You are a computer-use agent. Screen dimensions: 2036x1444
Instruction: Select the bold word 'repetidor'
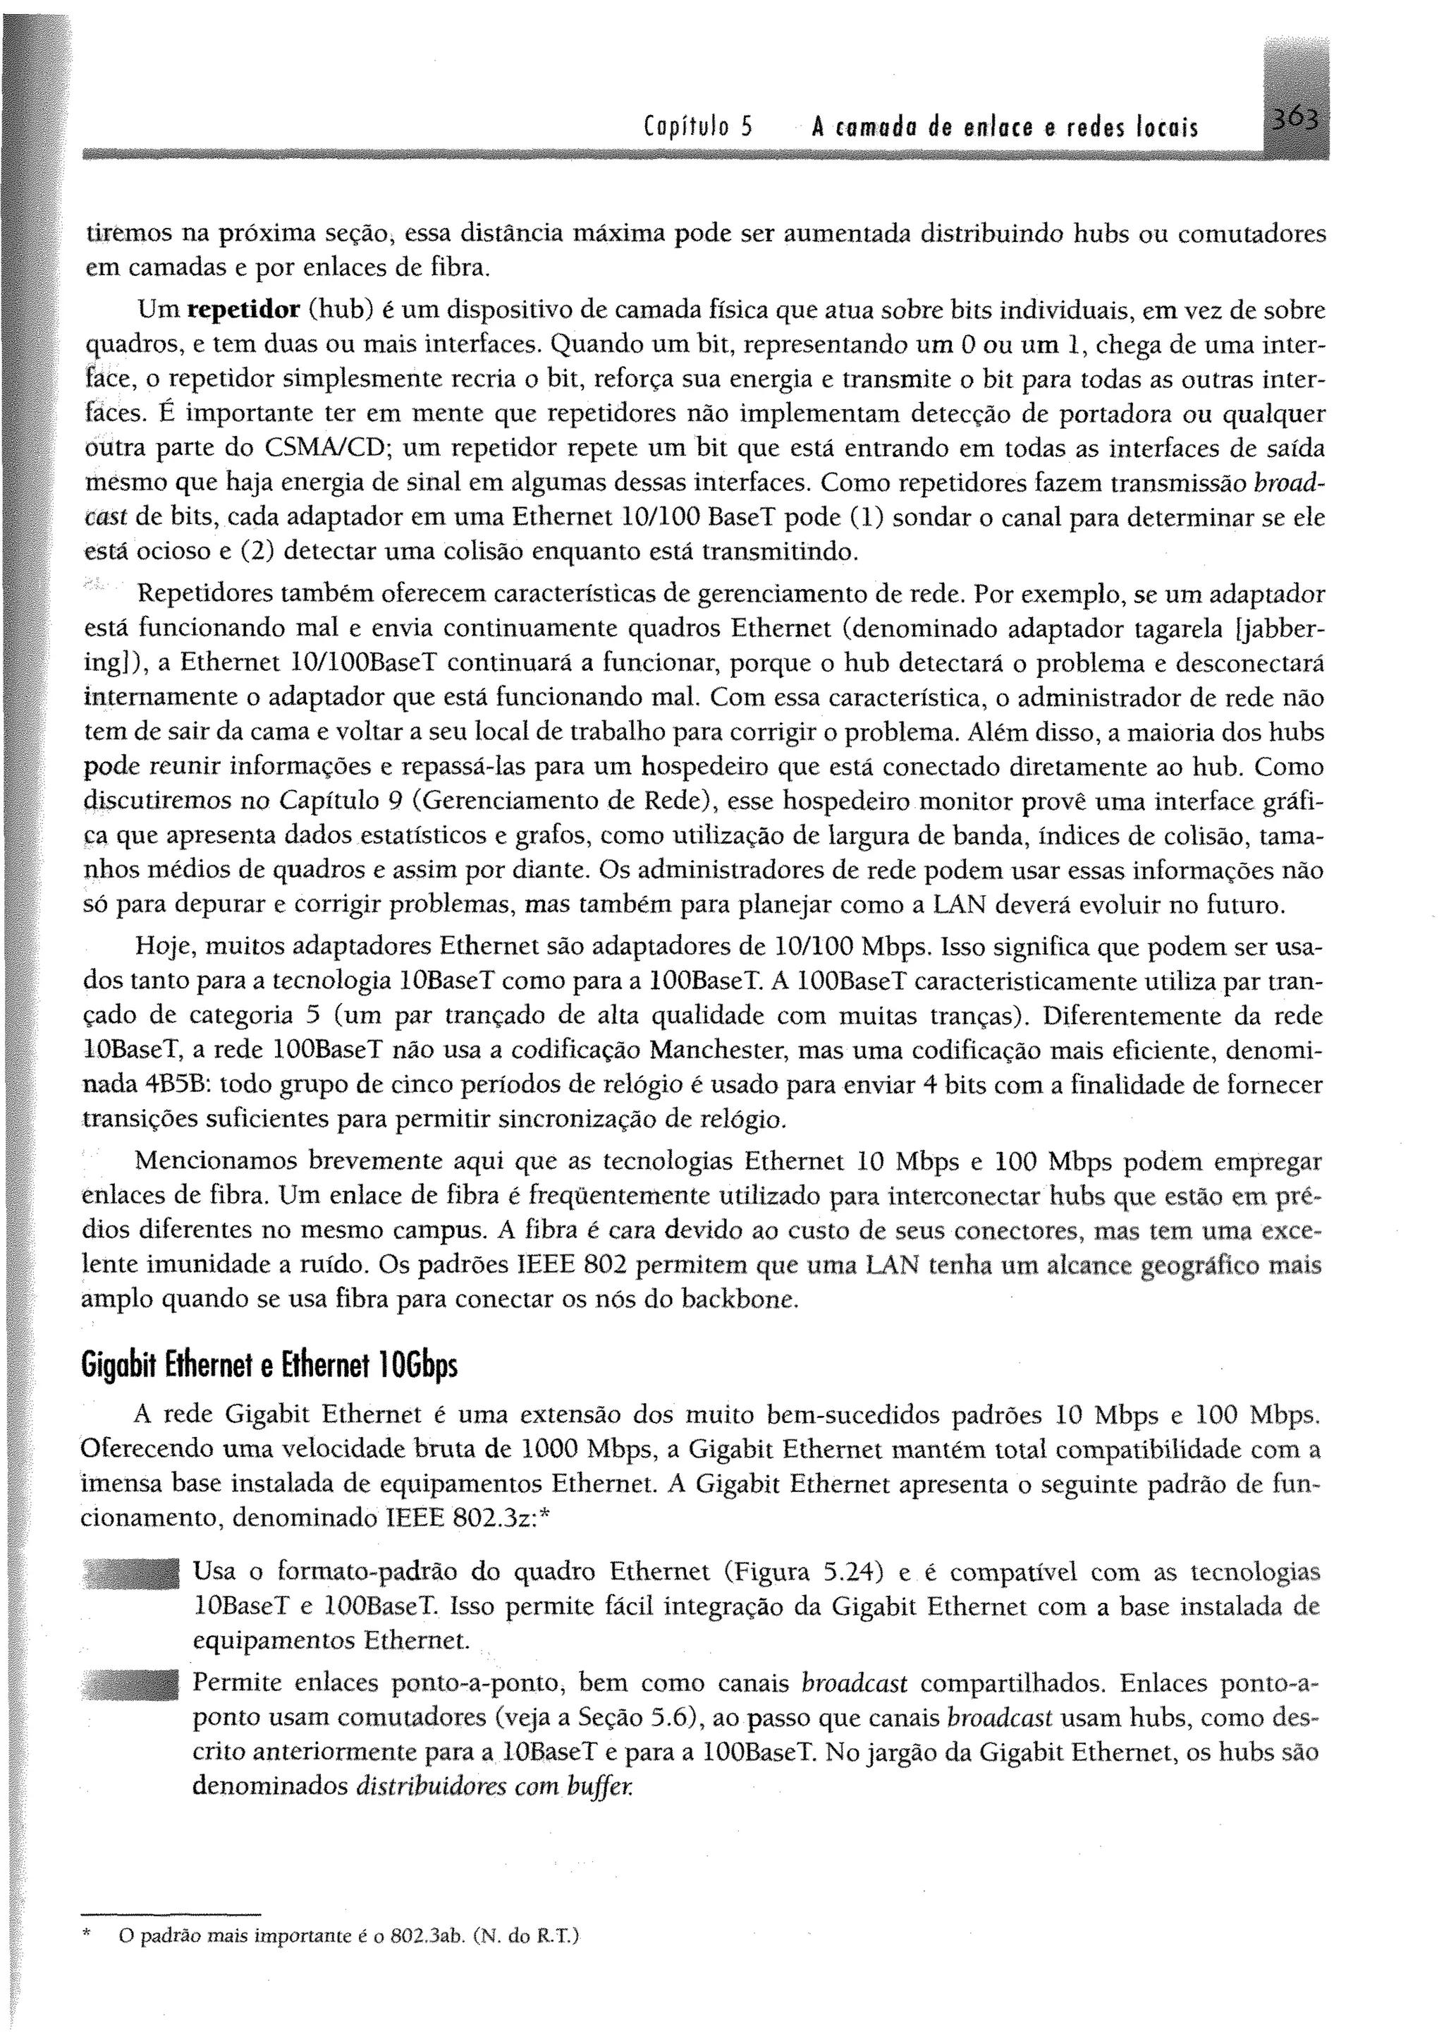(244, 311)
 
